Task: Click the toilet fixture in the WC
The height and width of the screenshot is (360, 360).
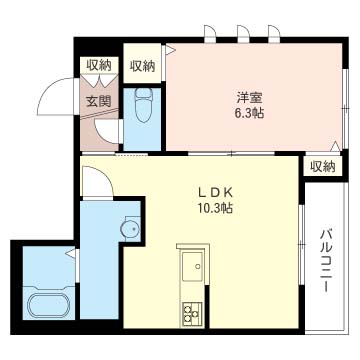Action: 143,105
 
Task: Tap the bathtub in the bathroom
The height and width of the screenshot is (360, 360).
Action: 49,305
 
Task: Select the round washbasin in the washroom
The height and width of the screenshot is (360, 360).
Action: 130,229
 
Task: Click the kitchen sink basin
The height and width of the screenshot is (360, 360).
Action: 192,266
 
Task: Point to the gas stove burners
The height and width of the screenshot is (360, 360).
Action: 192,314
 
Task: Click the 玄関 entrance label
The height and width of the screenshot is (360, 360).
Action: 98,101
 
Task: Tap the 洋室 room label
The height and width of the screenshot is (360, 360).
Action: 250,98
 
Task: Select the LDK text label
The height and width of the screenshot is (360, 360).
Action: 215,193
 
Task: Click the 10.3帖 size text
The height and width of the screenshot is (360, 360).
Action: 215,208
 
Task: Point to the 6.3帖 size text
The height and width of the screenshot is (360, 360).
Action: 250,114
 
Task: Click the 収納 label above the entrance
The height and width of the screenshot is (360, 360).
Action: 98,65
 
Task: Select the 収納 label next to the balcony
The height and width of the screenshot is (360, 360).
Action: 322,166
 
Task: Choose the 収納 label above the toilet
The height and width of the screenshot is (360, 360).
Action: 142,66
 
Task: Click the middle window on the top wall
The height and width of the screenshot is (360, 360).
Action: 243,34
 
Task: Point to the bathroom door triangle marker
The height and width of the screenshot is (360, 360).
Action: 71,253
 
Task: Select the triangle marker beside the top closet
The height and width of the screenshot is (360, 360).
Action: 170,50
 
